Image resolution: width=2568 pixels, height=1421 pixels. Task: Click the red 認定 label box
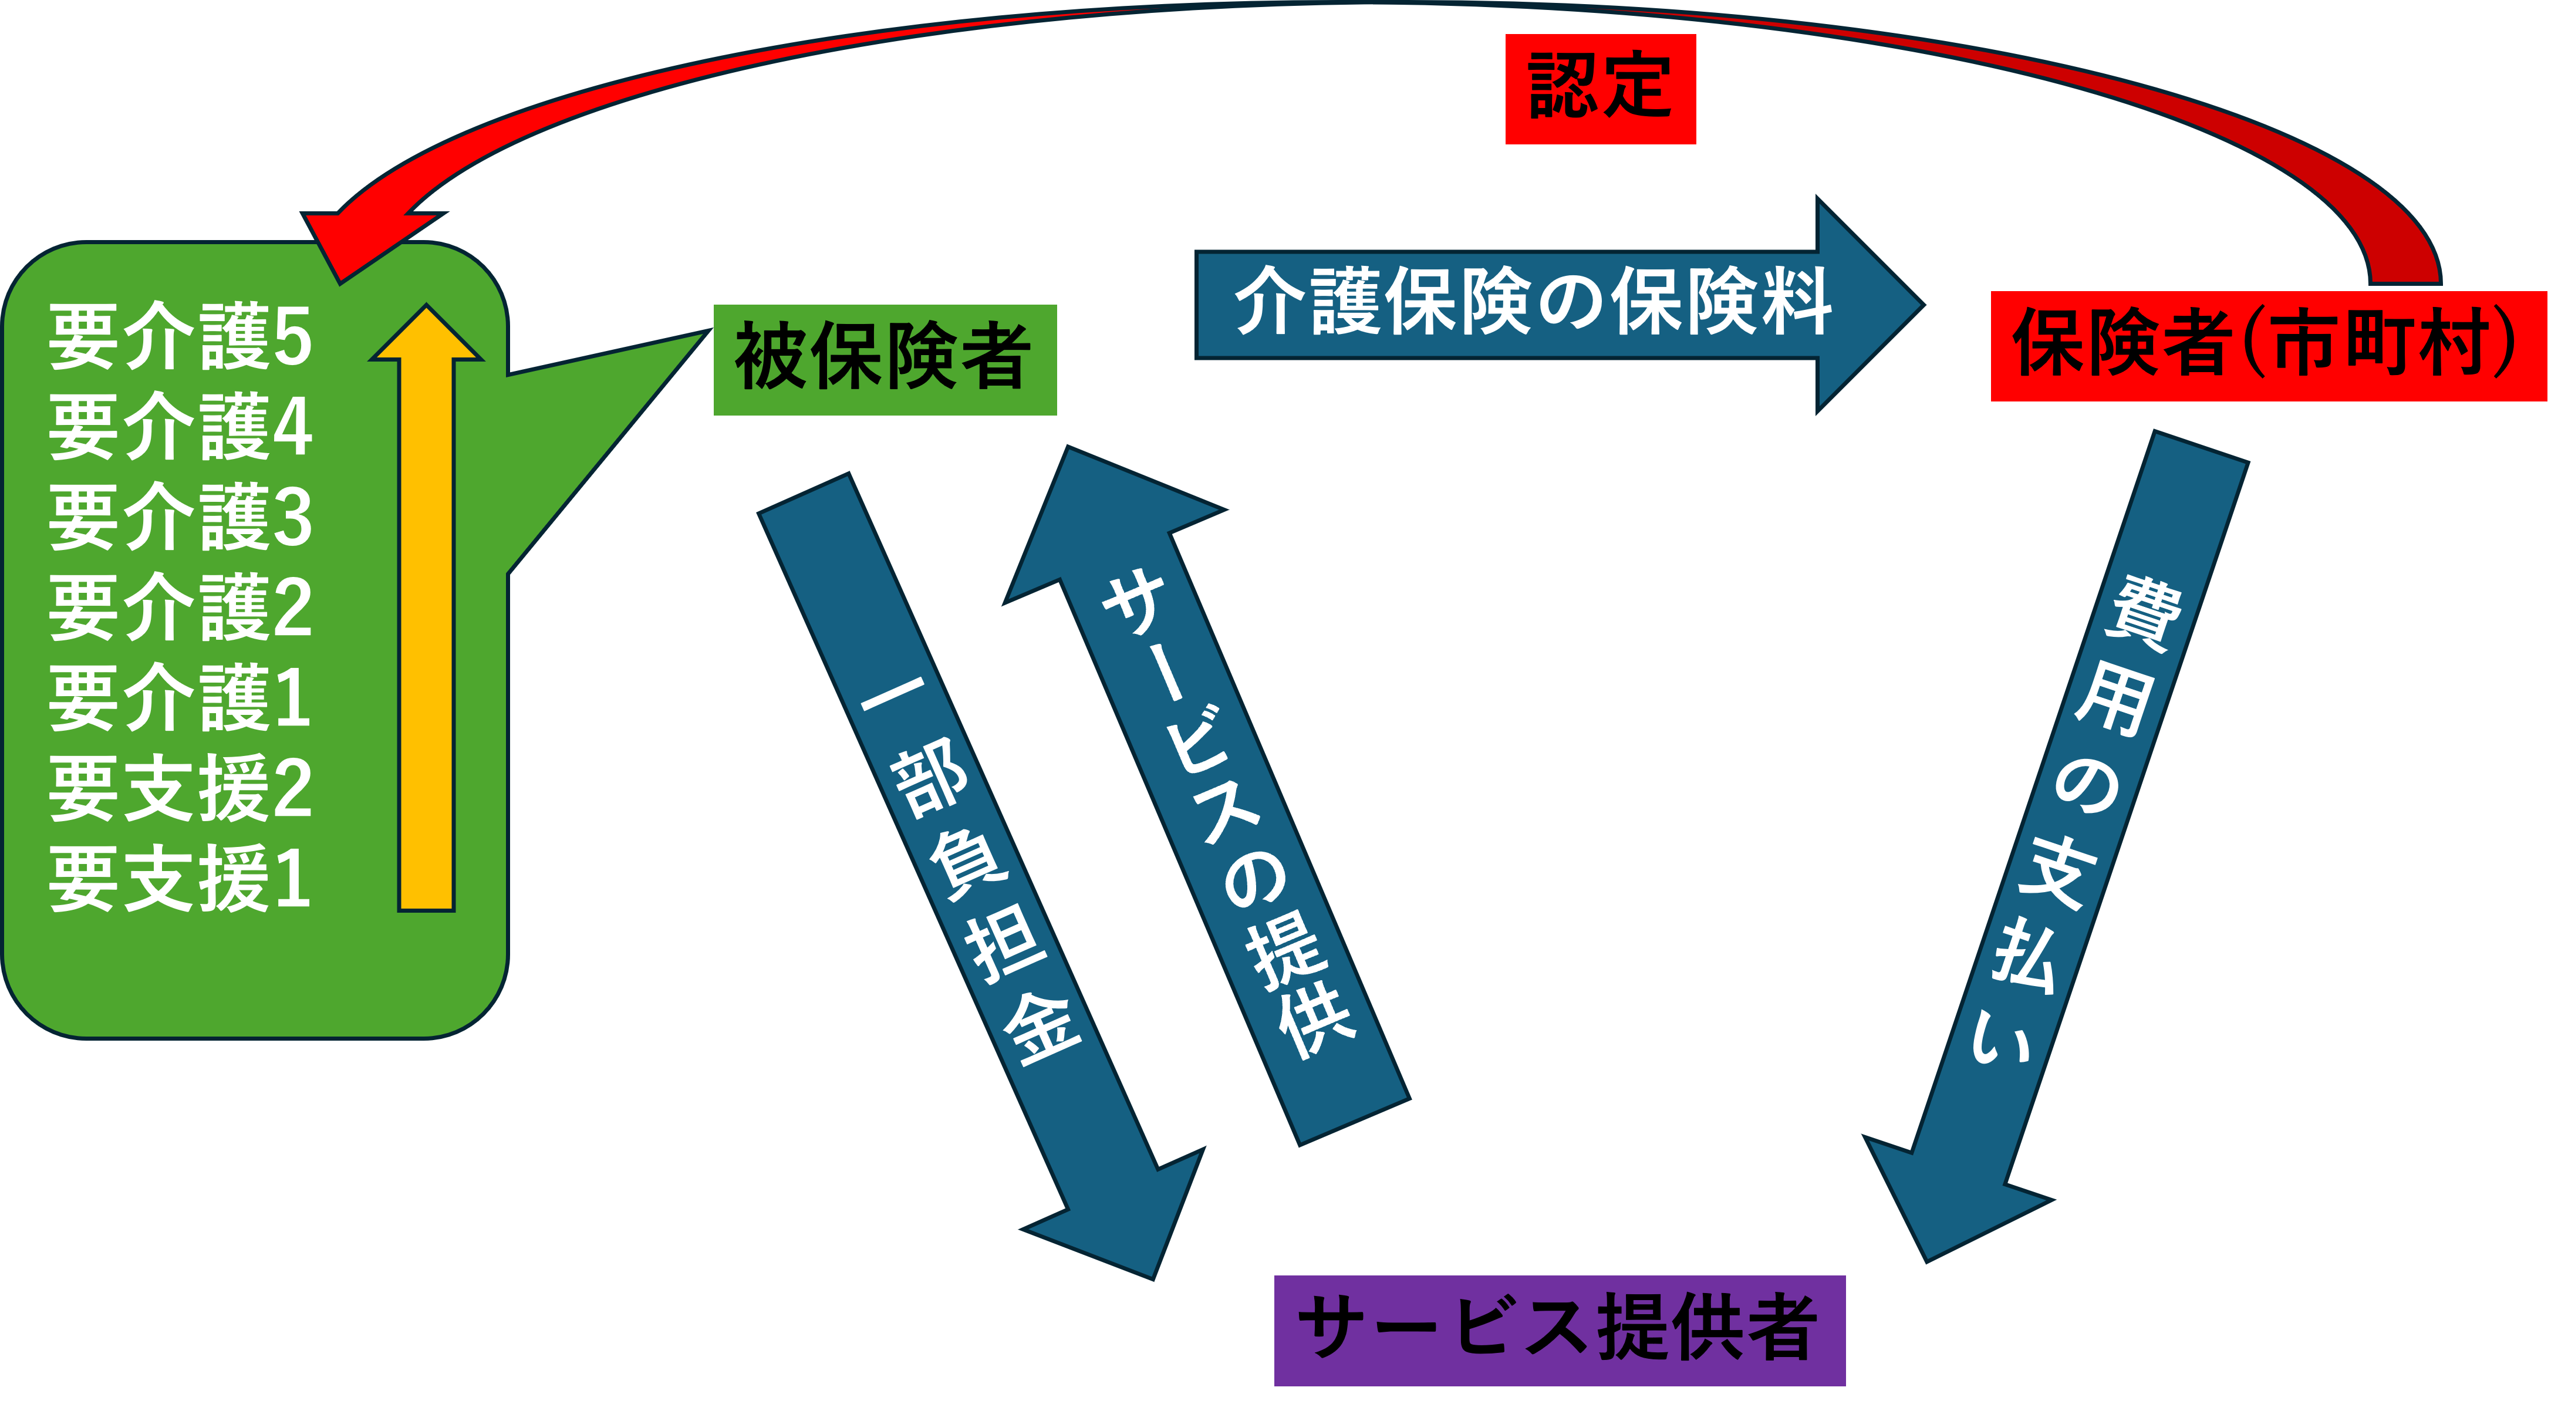(x=1600, y=89)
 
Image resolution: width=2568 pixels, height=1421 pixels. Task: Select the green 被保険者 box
(x=884, y=359)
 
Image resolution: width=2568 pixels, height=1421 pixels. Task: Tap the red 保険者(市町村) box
(x=2268, y=346)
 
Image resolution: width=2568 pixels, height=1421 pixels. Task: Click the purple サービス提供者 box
(x=1559, y=1329)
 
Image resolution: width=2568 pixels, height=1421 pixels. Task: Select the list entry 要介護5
(x=180, y=336)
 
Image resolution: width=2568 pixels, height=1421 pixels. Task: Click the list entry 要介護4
(x=180, y=427)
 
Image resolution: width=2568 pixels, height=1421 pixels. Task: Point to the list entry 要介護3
(x=180, y=517)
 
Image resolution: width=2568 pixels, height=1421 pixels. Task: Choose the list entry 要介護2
(x=180, y=607)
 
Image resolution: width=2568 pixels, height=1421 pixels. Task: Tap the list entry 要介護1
(x=180, y=698)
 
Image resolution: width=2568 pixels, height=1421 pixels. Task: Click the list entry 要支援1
(x=180, y=879)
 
